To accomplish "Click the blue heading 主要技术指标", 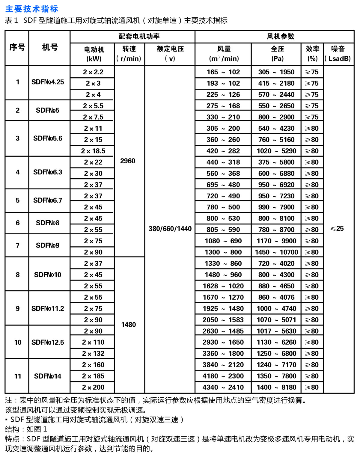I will tap(32, 9).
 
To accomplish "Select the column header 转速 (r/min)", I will tap(129, 54).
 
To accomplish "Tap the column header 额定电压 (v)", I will tap(170, 54).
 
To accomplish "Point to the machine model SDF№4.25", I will tap(48, 82).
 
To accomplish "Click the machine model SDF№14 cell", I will tap(48, 376).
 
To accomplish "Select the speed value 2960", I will tap(128, 161).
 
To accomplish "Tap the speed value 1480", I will tap(129, 325).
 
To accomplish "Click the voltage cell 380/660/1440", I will tap(170, 229).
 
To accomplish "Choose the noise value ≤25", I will tap(337, 229).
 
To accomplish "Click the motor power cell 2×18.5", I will tap(93, 151).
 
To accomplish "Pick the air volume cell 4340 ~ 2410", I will tap(223, 387).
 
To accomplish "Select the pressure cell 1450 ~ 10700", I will tap(276, 252).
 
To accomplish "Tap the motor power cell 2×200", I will tap(93, 387).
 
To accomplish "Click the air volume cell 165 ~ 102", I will tap(223, 72).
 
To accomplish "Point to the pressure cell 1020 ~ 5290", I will tap(276, 151).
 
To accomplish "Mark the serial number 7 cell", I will tap(18, 245).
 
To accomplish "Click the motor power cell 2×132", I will tap(93, 354).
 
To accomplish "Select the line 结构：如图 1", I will tap(26, 429).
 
